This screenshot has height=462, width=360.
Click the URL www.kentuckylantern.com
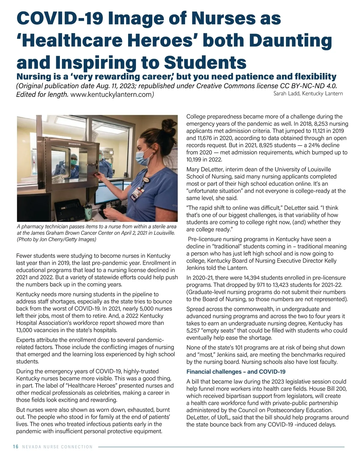[x=111, y=95]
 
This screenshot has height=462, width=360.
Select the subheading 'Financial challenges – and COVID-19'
[x=236, y=372]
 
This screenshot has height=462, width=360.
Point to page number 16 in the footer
[x=16, y=447]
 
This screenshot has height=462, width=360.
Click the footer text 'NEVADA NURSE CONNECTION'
[x=58, y=447]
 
